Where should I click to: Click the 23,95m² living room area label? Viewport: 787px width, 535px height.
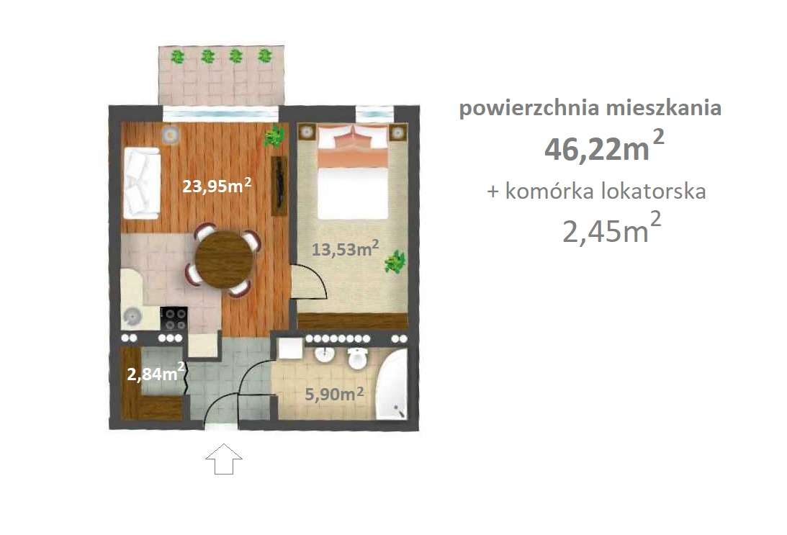[216, 187]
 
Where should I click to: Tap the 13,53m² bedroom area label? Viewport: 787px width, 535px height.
[346, 249]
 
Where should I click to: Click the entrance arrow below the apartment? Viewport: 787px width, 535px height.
[224, 459]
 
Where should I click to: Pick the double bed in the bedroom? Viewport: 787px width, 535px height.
[354, 173]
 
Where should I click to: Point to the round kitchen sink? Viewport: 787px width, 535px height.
[132, 315]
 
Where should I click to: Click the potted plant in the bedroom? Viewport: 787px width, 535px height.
[395, 261]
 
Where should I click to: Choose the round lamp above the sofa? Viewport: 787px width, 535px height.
[170, 134]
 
